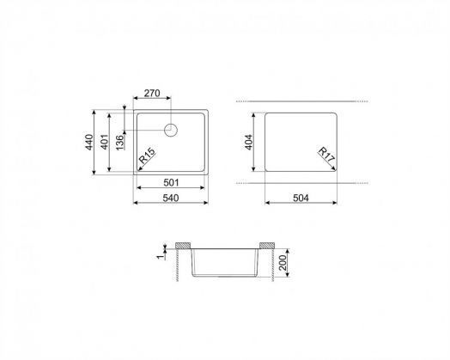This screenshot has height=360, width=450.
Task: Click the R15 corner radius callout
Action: (147, 159)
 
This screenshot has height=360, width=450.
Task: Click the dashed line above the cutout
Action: (301, 101)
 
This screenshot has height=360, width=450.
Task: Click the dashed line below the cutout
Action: (301, 183)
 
